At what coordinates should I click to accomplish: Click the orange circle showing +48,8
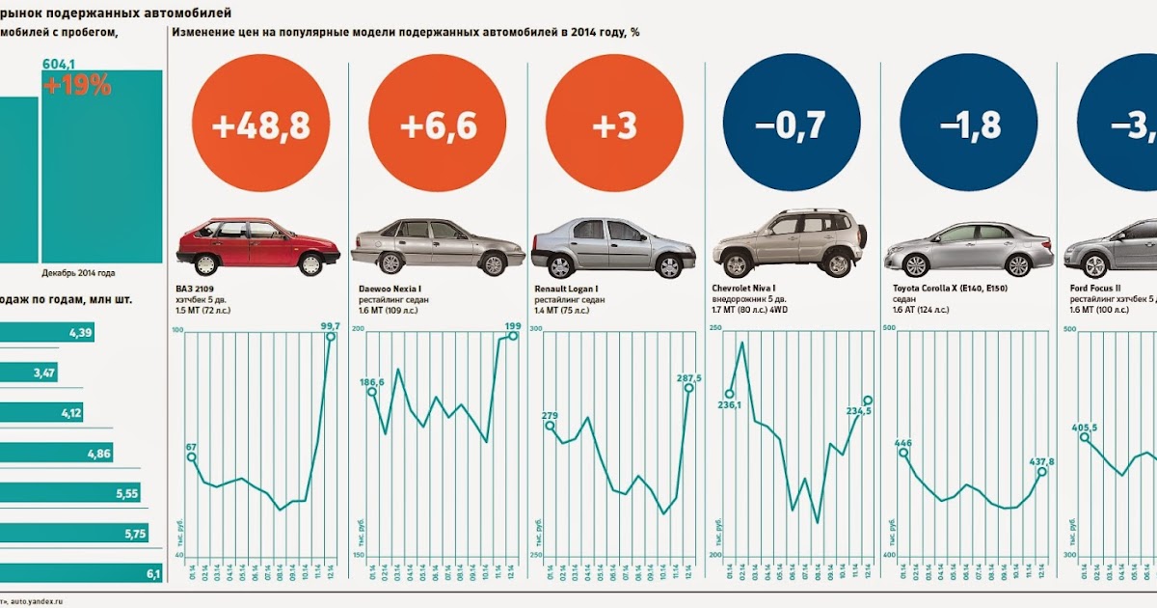260,125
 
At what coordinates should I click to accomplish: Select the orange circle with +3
613,125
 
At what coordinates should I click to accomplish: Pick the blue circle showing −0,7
791,125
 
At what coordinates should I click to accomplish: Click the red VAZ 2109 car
257,247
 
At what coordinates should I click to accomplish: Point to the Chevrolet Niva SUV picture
789,243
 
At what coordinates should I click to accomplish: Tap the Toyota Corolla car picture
968,249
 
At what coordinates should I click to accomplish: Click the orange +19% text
77,85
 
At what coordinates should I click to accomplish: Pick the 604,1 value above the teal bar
58,64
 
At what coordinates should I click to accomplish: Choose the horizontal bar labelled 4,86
59,454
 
